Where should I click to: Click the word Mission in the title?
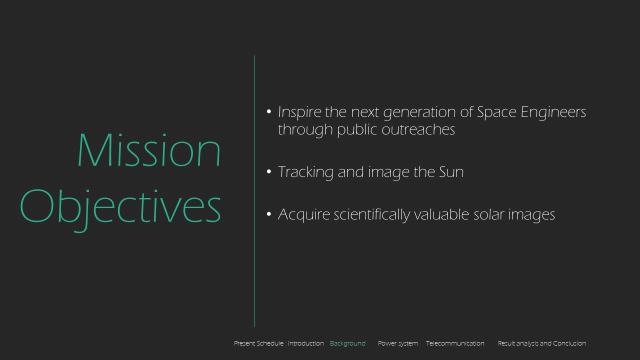[x=149, y=149]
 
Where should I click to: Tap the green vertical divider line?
[x=254, y=191]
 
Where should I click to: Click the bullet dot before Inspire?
[x=268, y=111]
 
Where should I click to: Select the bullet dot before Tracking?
[x=268, y=171]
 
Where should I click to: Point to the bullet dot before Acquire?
[x=268, y=214]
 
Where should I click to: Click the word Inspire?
[x=299, y=112]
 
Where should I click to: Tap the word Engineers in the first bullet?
[x=553, y=111]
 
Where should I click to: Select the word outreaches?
[x=418, y=129]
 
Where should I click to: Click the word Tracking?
[x=305, y=172]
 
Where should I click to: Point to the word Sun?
[x=451, y=171]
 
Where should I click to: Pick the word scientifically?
[x=371, y=214]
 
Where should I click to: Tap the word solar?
[x=488, y=214]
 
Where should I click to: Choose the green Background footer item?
[x=347, y=343]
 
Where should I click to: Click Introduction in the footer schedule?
[x=305, y=343]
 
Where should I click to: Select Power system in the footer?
[x=397, y=343]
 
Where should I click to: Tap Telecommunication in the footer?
[x=455, y=343]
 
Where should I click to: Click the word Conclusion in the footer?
[x=569, y=343]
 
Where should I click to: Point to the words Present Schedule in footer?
[x=259, y=343]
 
